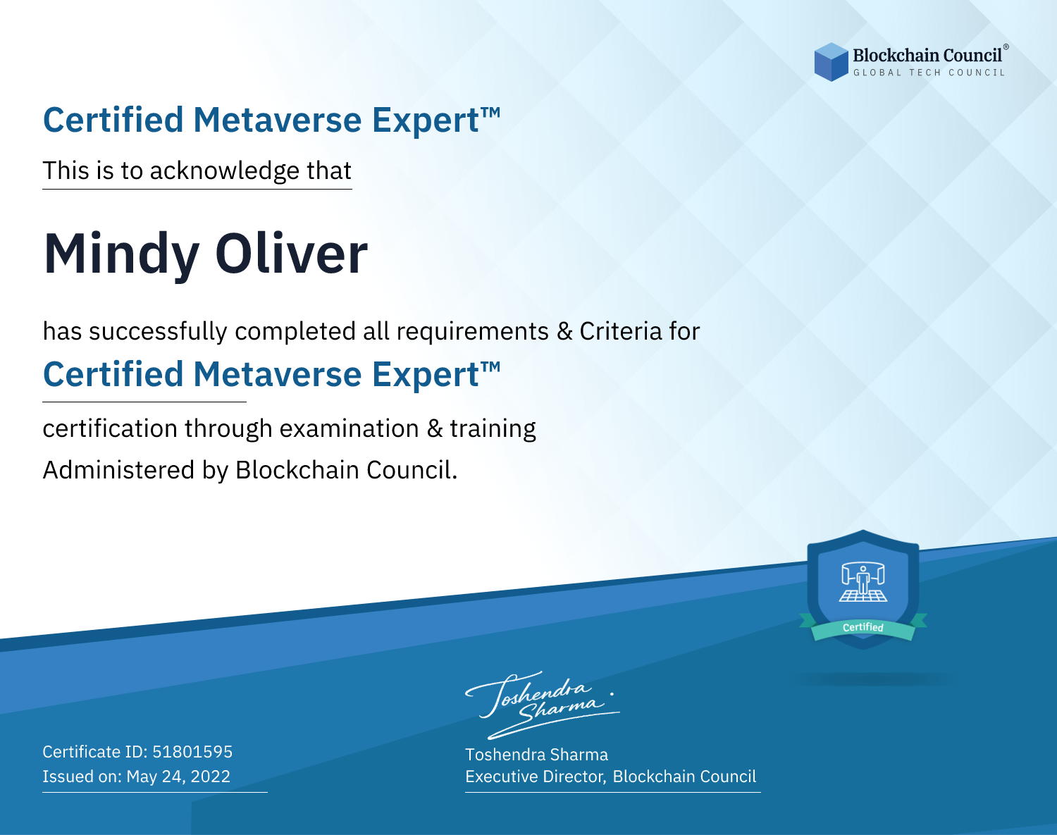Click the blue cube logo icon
[x=831, y=62]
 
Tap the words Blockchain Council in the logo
[x=927, y=55]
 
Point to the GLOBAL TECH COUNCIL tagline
[x=929, y=73]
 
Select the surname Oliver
[x=291, y=253]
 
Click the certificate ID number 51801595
[x=192, y=751]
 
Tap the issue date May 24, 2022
[x=178, y=776]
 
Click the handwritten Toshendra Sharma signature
[x=543, y=705]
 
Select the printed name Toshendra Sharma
[x=536, y=755]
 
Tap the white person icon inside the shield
[x=863, y=581]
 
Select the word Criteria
[x=620, y=331]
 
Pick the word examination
[x=350, y=428]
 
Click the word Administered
[x=118, y=470]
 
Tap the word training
[x=493, y=429]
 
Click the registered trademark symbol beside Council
[x=1006, y=47]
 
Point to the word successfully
[x=158, y=332]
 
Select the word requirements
[x=473, y=332]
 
